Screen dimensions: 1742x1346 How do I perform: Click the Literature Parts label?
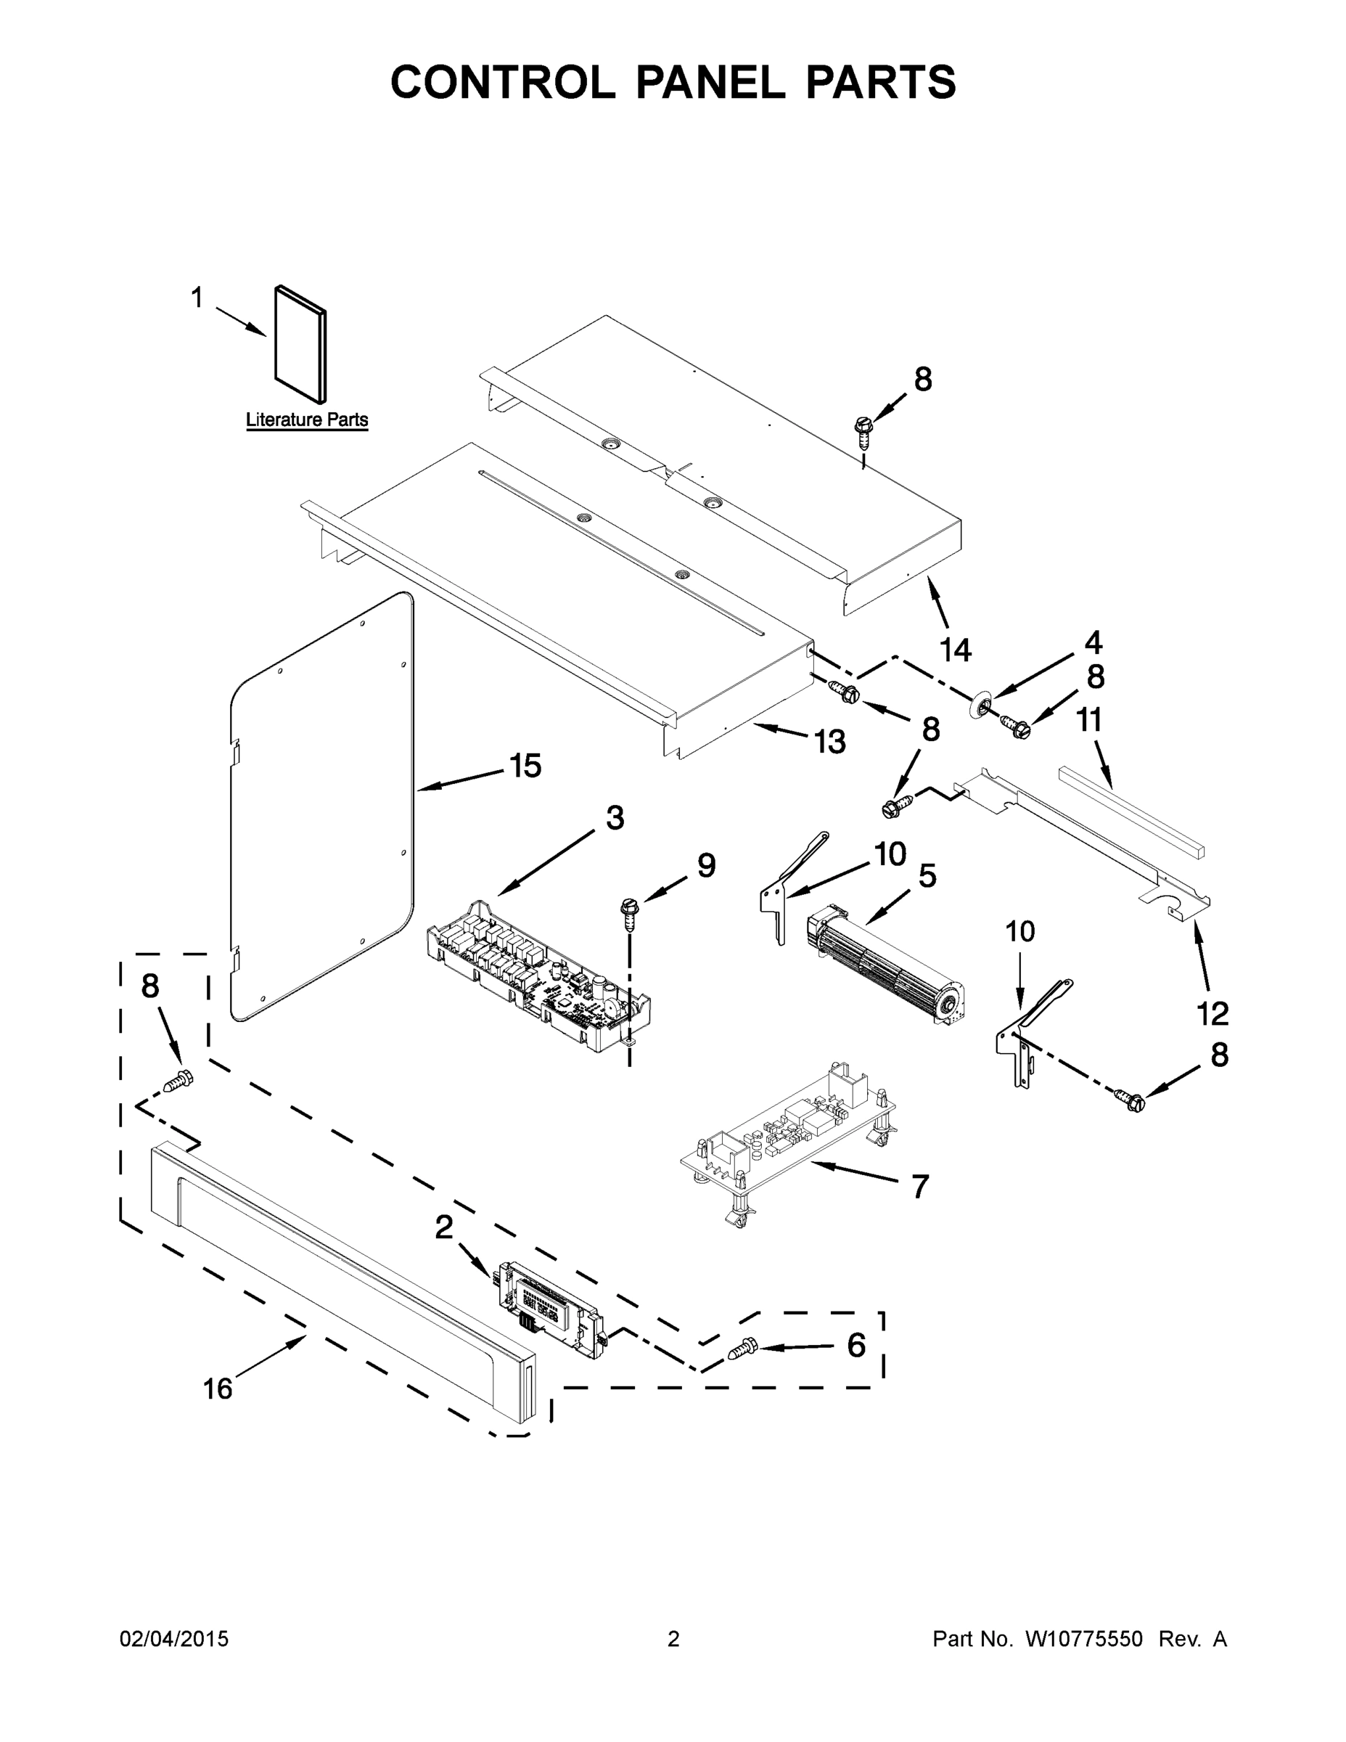306,420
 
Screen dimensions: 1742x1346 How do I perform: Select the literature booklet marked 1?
300,345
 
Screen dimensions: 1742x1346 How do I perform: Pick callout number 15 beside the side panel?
525,766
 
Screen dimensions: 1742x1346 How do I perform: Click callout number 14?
956,650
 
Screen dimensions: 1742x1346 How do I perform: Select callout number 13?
829,742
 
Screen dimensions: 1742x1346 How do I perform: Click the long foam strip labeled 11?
1130,812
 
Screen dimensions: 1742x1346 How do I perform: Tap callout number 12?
1212,1014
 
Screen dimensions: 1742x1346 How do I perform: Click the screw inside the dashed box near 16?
178,1081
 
